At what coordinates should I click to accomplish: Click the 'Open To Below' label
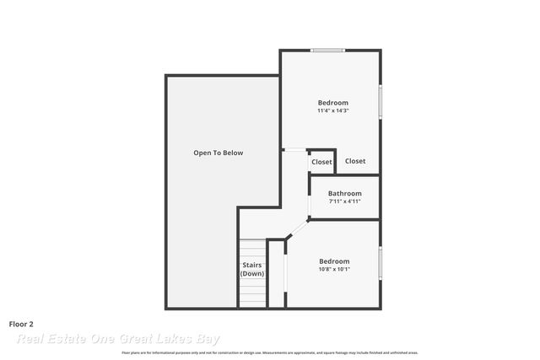(218, 153)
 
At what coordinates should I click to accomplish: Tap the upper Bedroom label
(332, 103)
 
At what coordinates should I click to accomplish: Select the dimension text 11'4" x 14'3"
(332, 110)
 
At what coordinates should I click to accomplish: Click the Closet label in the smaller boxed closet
(321, 162)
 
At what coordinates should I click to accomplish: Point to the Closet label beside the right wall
(355, 161)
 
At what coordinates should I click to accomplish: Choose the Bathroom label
(344, 193)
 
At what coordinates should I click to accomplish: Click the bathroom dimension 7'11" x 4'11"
(344, 201)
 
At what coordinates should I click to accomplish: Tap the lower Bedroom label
(334, 261)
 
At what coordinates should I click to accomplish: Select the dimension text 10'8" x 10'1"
(334, 270)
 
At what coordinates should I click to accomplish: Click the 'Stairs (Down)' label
(252, 270)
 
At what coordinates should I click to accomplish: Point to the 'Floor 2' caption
(21, 324)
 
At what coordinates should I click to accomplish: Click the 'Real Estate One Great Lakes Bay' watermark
(118, 339)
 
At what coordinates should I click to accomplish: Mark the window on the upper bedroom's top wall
(327, 51)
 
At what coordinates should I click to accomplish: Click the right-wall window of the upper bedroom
(381, 102)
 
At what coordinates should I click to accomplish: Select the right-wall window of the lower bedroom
(381, 262)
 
